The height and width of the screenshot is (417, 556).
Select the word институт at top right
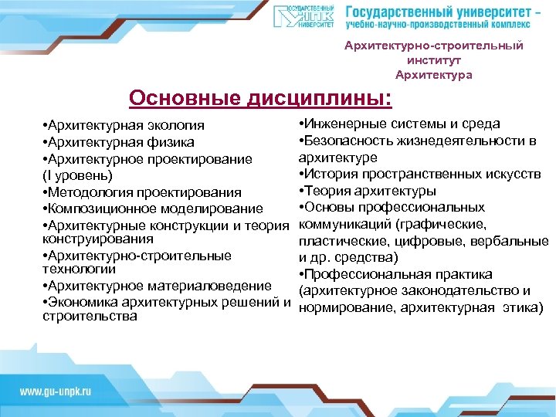click(x=433, y=60)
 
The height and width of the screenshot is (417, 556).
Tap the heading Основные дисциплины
click(x=260, y=99)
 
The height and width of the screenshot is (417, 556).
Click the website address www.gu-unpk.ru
click(x=56, y=392)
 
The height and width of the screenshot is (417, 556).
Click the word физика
click(x=171, y=142)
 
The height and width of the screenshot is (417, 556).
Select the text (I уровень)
click(x=78, y=175)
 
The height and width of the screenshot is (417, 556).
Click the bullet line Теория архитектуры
click(x=367, y=191)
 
